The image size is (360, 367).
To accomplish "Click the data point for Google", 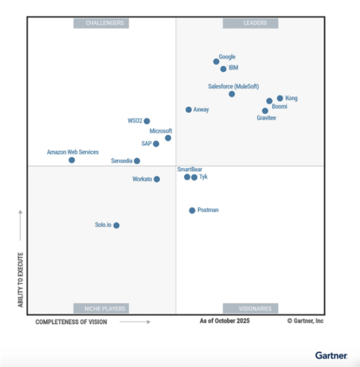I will pos(216,61).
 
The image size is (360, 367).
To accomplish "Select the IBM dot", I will pos(223,69).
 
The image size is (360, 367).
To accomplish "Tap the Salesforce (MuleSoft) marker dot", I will pos(232,94).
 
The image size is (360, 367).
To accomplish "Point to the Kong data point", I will pos(280,98).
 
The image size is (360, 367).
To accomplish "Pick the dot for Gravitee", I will pos(265,111).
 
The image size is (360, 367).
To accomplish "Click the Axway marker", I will pos(189,109).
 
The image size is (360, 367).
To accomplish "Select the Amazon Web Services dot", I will pos(72,160).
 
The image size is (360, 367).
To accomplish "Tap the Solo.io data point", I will pos(116,225).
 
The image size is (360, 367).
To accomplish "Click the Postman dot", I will pos(192,210).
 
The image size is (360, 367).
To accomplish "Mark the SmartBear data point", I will pos(187,177).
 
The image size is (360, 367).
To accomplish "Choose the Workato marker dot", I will pos(157,179).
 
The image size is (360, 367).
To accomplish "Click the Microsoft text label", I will pos(161,131).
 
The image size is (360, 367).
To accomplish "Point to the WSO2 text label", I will pos(135,121).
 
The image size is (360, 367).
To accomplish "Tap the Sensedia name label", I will pos(122,161).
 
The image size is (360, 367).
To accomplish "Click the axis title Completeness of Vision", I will pos(71,322).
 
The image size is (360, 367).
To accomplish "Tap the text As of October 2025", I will pos(225,321).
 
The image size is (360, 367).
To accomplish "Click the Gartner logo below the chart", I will pos(331,355).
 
